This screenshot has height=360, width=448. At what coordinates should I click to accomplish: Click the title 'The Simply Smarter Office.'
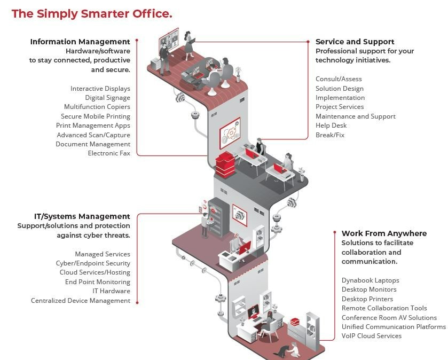tap(92, 14)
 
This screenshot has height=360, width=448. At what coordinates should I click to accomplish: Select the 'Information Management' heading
tap(80, 42)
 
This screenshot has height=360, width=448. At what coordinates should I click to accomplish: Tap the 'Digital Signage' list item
tap(107, 98)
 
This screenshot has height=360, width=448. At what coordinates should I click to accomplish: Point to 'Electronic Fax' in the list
tap(109, 153)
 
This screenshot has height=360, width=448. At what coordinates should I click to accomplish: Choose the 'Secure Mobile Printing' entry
tap(96, 116)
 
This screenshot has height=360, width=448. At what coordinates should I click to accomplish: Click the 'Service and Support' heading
tap(355, 42)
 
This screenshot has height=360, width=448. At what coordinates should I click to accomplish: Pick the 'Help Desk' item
tap(331, 126)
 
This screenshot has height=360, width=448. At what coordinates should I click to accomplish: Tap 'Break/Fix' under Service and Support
tap(330, 135)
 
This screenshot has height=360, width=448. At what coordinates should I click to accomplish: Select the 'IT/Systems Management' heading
tap(74, 216)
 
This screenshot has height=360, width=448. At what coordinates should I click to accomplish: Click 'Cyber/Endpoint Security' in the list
tap(93, 263)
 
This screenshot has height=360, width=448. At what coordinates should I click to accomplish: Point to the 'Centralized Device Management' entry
tap(81, 301)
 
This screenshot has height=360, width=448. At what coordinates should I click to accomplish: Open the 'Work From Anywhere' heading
tap(384, 233)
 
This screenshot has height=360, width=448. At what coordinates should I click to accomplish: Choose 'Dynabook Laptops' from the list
tap(370, 280)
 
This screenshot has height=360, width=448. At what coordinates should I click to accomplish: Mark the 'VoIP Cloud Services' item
tap(372, 336)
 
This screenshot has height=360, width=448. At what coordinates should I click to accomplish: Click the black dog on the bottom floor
tap(281, 350)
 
